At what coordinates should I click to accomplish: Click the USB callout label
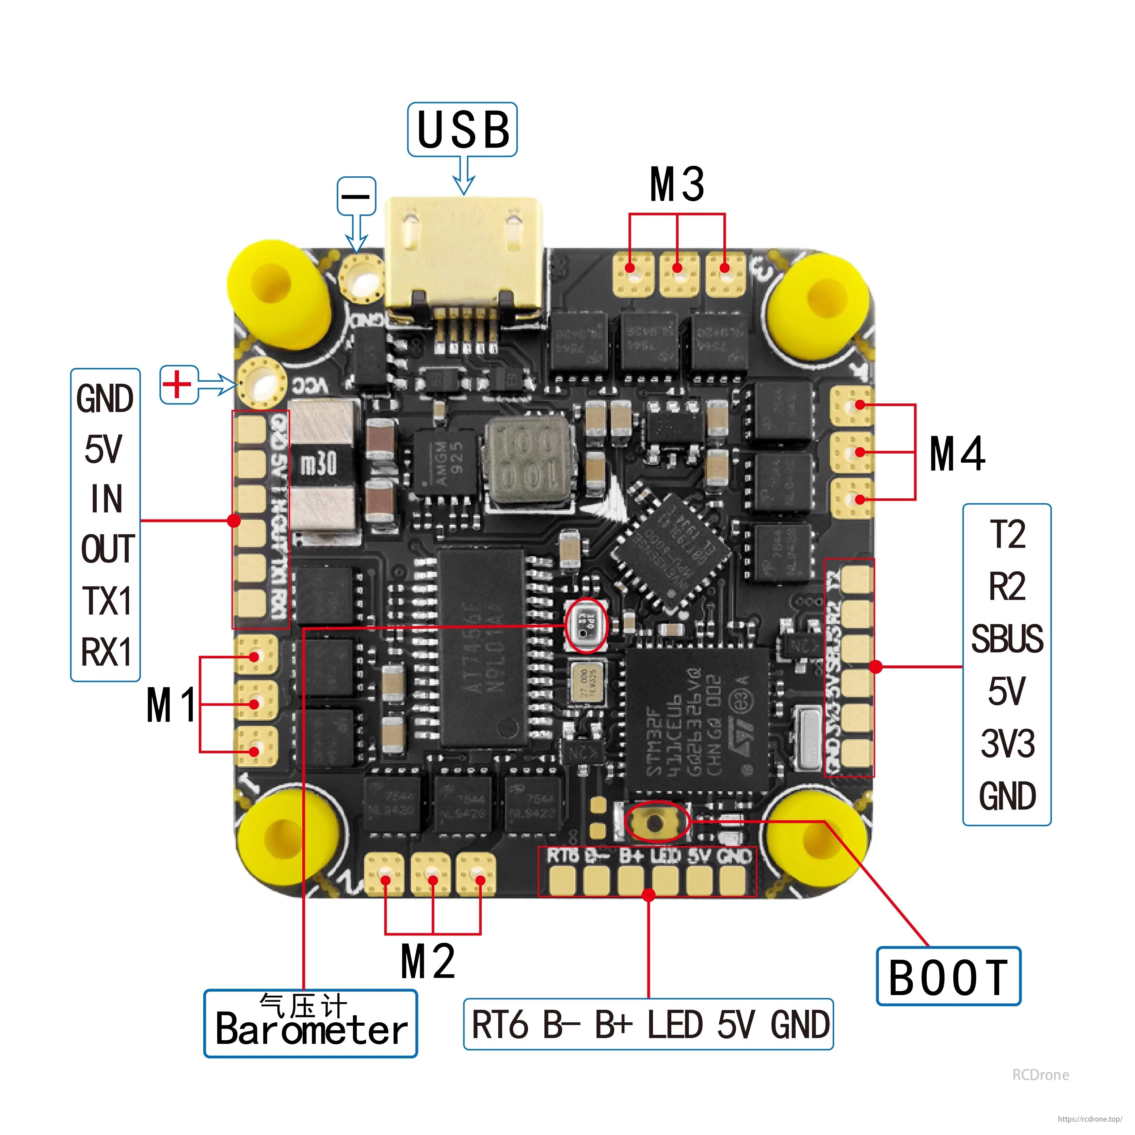pyautogui.click(x=462, y=130)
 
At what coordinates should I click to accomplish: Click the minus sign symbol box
pyautogui.click(x=356, y=196)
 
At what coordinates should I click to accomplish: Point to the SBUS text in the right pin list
pyautogui.click(x=1007, y=639)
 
